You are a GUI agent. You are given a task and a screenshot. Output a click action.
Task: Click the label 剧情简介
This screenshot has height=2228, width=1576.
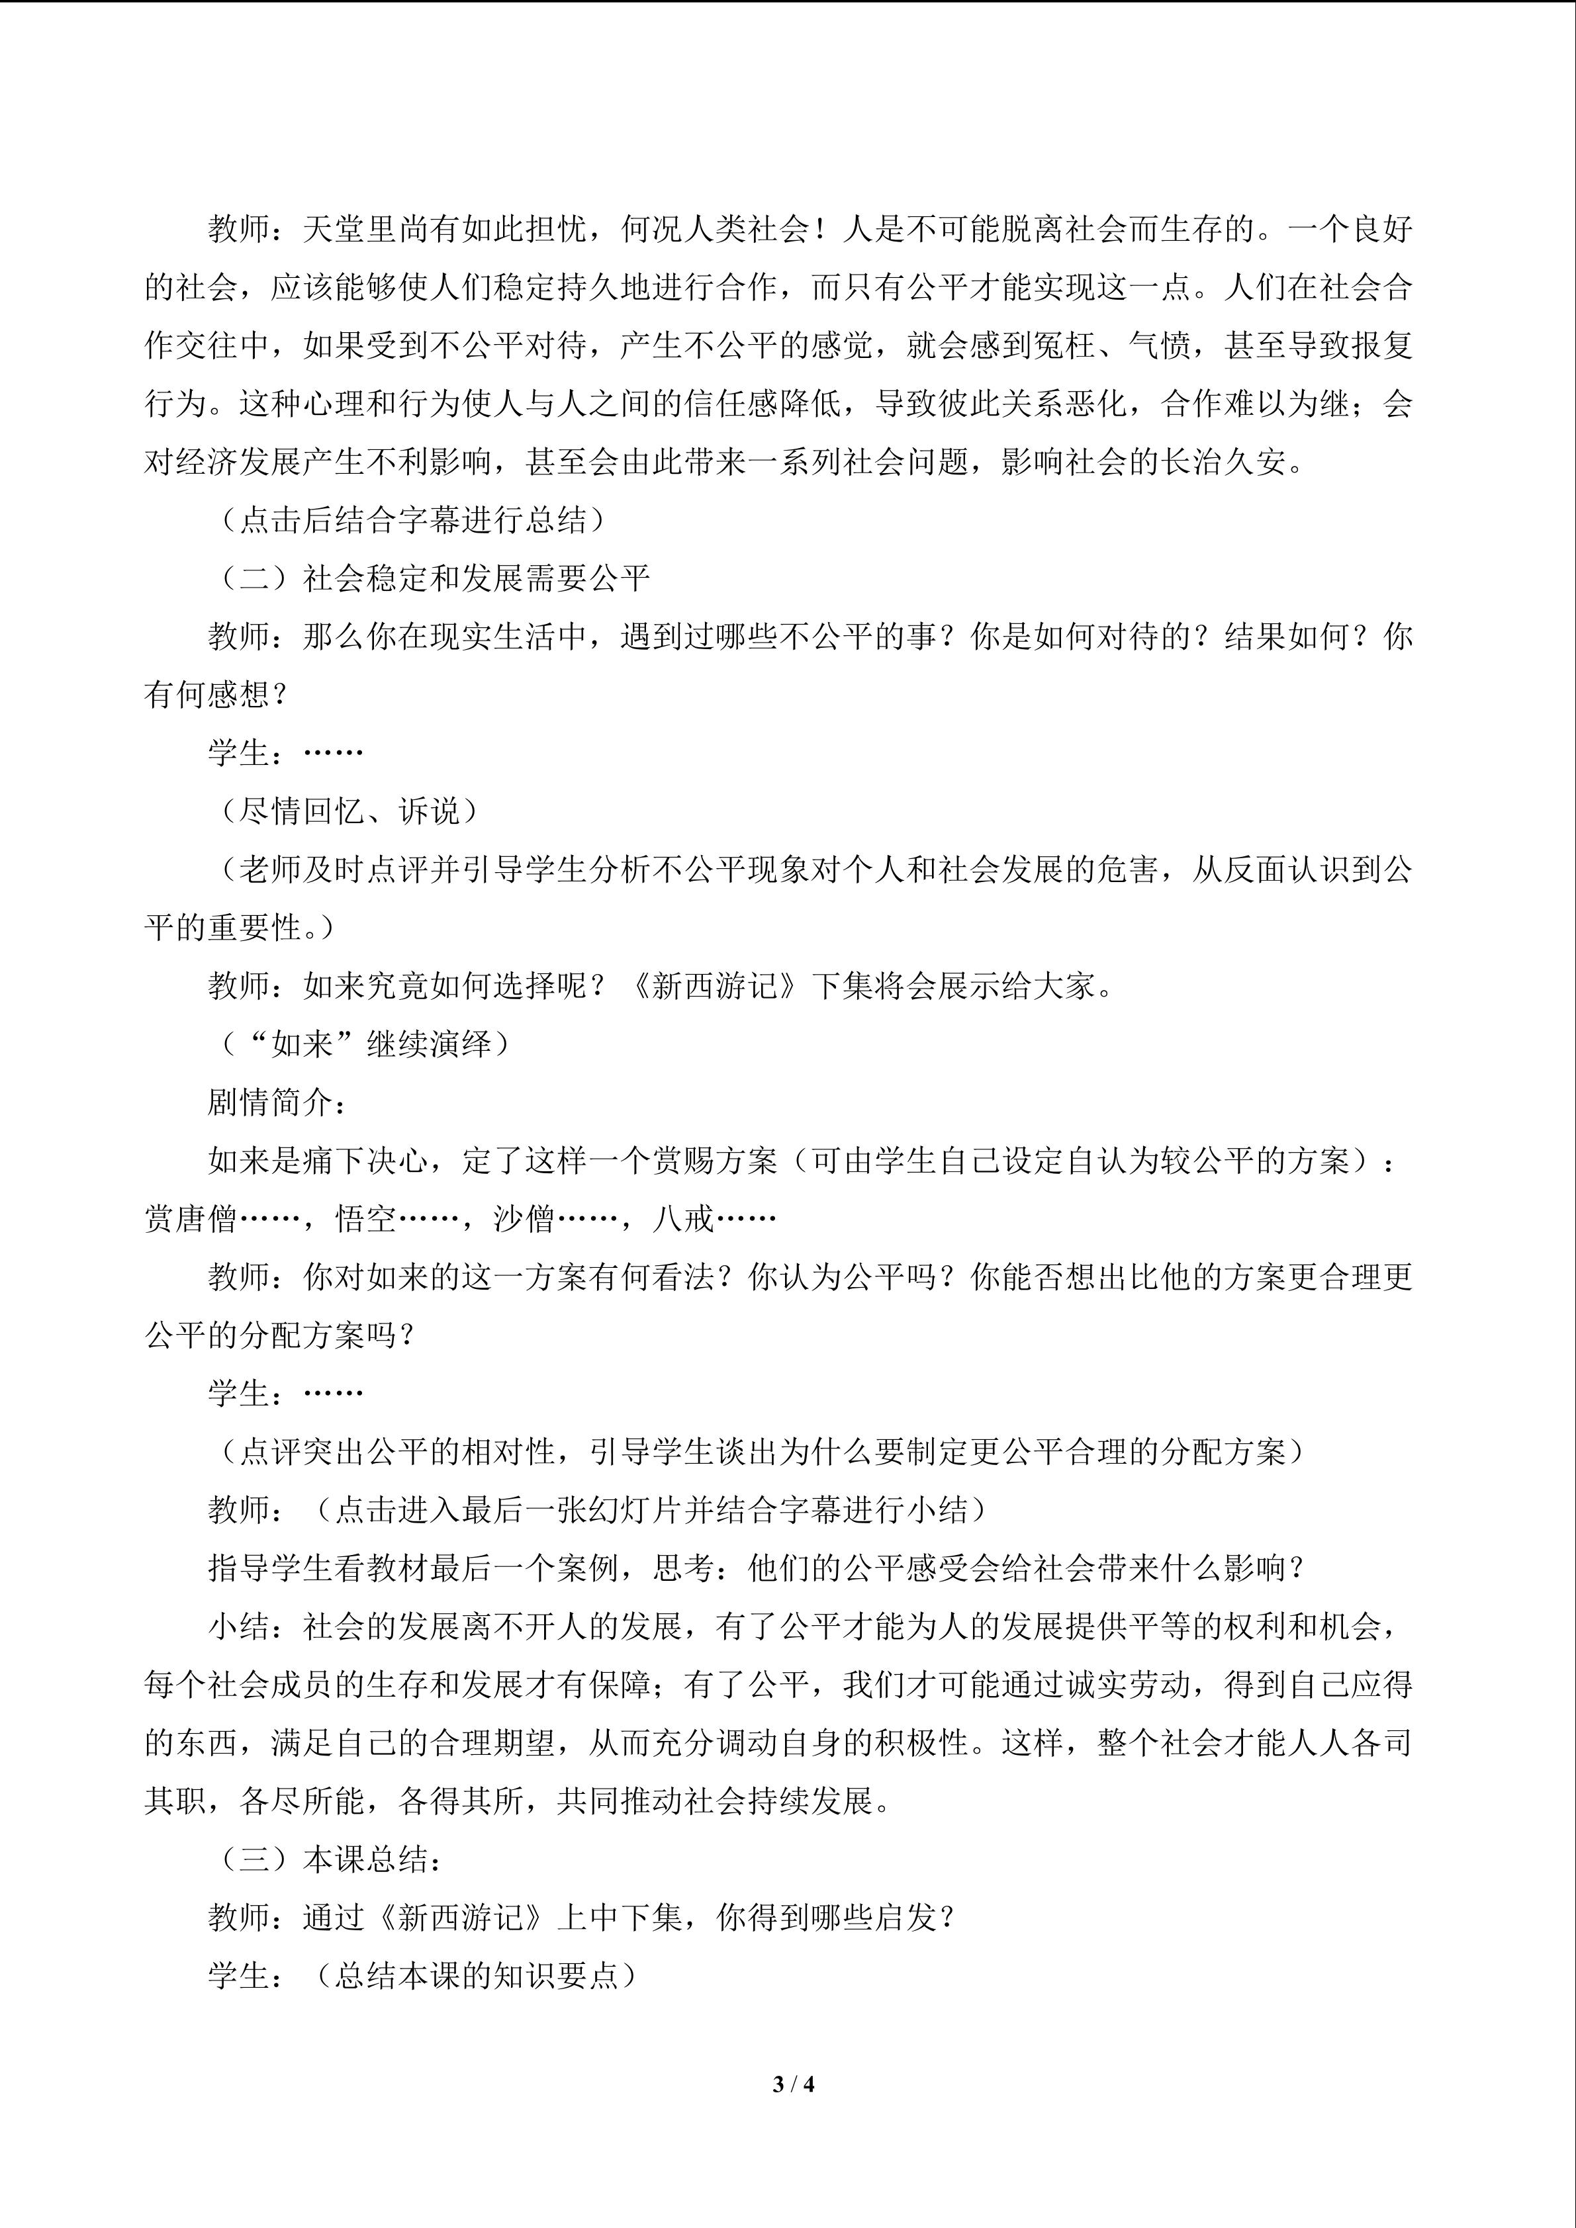click(272, 1102)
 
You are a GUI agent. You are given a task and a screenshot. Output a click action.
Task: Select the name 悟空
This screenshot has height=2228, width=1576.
click(366, 1219)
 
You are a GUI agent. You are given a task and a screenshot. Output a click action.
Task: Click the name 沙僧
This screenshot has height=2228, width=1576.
click(525, 1219)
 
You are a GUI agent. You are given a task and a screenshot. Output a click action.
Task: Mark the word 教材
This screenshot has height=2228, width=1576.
click(398, 1568)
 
